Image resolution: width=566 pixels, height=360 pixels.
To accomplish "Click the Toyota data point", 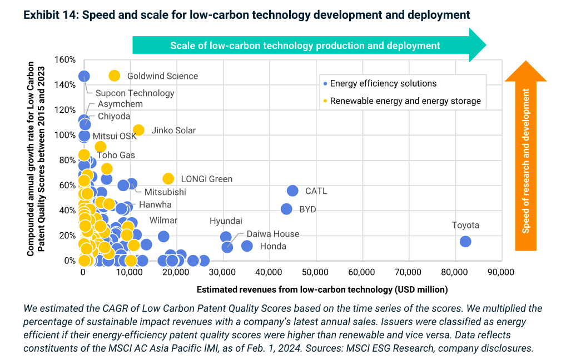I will (465, 241).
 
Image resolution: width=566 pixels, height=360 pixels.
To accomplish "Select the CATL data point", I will (292, 191).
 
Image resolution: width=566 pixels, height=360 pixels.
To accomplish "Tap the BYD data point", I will (286, 209).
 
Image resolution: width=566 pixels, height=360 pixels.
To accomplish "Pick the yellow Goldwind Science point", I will (115, 76).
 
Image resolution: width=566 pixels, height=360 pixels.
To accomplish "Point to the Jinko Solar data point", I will (138, 130).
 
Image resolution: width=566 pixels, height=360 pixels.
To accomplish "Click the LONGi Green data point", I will (168, 178).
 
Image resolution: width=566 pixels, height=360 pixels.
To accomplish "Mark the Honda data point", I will (247, 246).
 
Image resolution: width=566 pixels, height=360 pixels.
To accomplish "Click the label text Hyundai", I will (226, 221).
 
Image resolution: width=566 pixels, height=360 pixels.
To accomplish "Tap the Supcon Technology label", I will (135, 93).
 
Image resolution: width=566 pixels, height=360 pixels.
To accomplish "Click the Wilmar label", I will (163, 221).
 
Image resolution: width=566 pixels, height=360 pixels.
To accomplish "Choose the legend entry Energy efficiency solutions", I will (383, 84).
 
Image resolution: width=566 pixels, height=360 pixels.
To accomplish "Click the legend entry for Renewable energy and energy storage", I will (405, 101).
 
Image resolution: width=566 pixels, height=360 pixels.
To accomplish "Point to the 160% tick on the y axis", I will (64, 59).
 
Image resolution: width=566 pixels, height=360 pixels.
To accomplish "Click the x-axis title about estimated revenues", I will (322, 289).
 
